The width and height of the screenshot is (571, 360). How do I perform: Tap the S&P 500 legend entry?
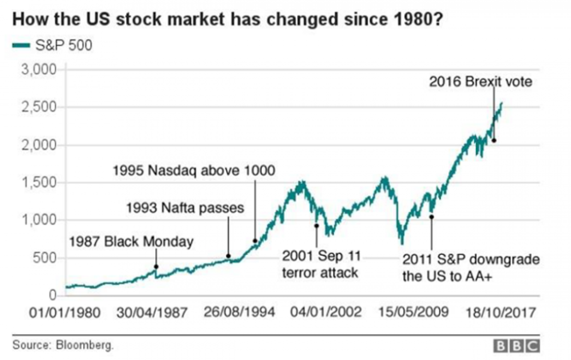[52, 46]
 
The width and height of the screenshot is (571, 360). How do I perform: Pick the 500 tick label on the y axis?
[46, 258]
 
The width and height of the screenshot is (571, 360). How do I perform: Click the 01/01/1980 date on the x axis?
[65, 313]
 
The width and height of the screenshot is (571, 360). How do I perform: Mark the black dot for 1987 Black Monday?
[156, 266]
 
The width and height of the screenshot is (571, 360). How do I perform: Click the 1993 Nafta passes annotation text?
[185, 207]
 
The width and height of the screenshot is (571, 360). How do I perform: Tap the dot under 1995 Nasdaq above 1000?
[255, 241]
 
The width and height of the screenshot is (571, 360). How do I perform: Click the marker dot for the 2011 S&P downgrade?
[432, 217]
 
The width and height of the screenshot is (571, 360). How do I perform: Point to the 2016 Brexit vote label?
[481, 82]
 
